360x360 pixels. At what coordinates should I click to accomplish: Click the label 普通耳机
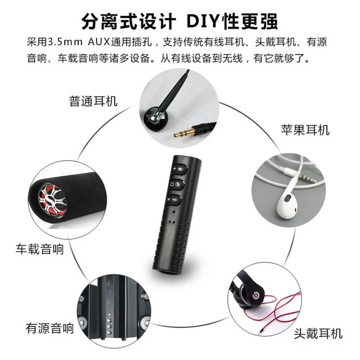(93, 101)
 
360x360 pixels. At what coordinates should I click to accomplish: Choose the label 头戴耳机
(318, 333)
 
